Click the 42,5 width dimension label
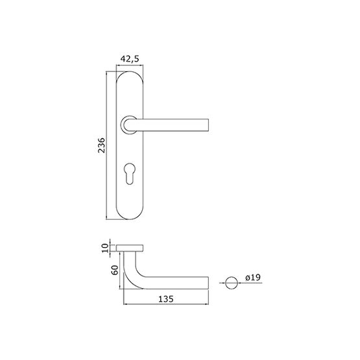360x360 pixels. point(130,59)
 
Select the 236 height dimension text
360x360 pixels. point(101,145)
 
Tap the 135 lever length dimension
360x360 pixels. point(166,299)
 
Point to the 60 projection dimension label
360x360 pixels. point(115,270)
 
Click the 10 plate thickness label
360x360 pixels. point(104,248)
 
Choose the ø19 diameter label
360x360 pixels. point(253,278)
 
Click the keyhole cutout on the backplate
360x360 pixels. point(130,173)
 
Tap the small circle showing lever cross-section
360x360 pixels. point(232,283)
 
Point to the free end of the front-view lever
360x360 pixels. point(208,125)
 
